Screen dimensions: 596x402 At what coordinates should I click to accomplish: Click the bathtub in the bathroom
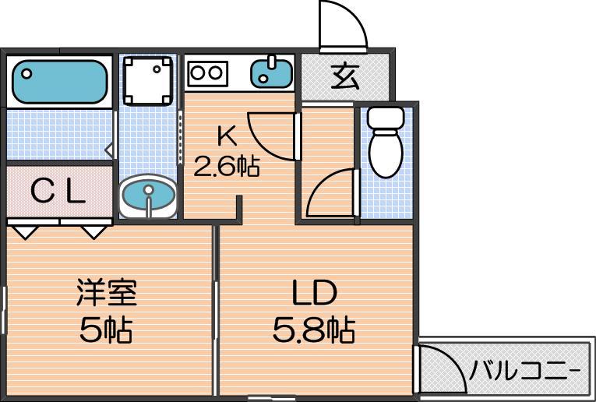coord(60,82)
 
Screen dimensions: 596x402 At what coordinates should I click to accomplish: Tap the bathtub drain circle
coord(26,73)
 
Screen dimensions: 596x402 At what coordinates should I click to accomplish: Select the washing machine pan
coord(148,80)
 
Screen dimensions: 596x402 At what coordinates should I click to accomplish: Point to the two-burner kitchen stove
coord(208,73)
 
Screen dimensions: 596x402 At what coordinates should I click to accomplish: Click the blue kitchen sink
coord(271,73)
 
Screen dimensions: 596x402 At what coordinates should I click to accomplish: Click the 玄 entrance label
coord(345,76)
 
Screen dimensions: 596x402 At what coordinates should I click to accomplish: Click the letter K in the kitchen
coord(227,136)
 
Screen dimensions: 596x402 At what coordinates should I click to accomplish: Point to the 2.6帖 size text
coord(227,166)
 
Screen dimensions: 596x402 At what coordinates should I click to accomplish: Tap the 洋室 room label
coord(107,292)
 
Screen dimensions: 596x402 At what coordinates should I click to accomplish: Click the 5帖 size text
coord(106,330)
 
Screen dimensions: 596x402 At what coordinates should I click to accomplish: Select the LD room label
coord(315,293)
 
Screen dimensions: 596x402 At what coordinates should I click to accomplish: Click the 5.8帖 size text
coord(314,330)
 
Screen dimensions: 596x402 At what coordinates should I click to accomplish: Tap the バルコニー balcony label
coord(525,370)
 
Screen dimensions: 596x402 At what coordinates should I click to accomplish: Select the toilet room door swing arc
coord(320,183)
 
